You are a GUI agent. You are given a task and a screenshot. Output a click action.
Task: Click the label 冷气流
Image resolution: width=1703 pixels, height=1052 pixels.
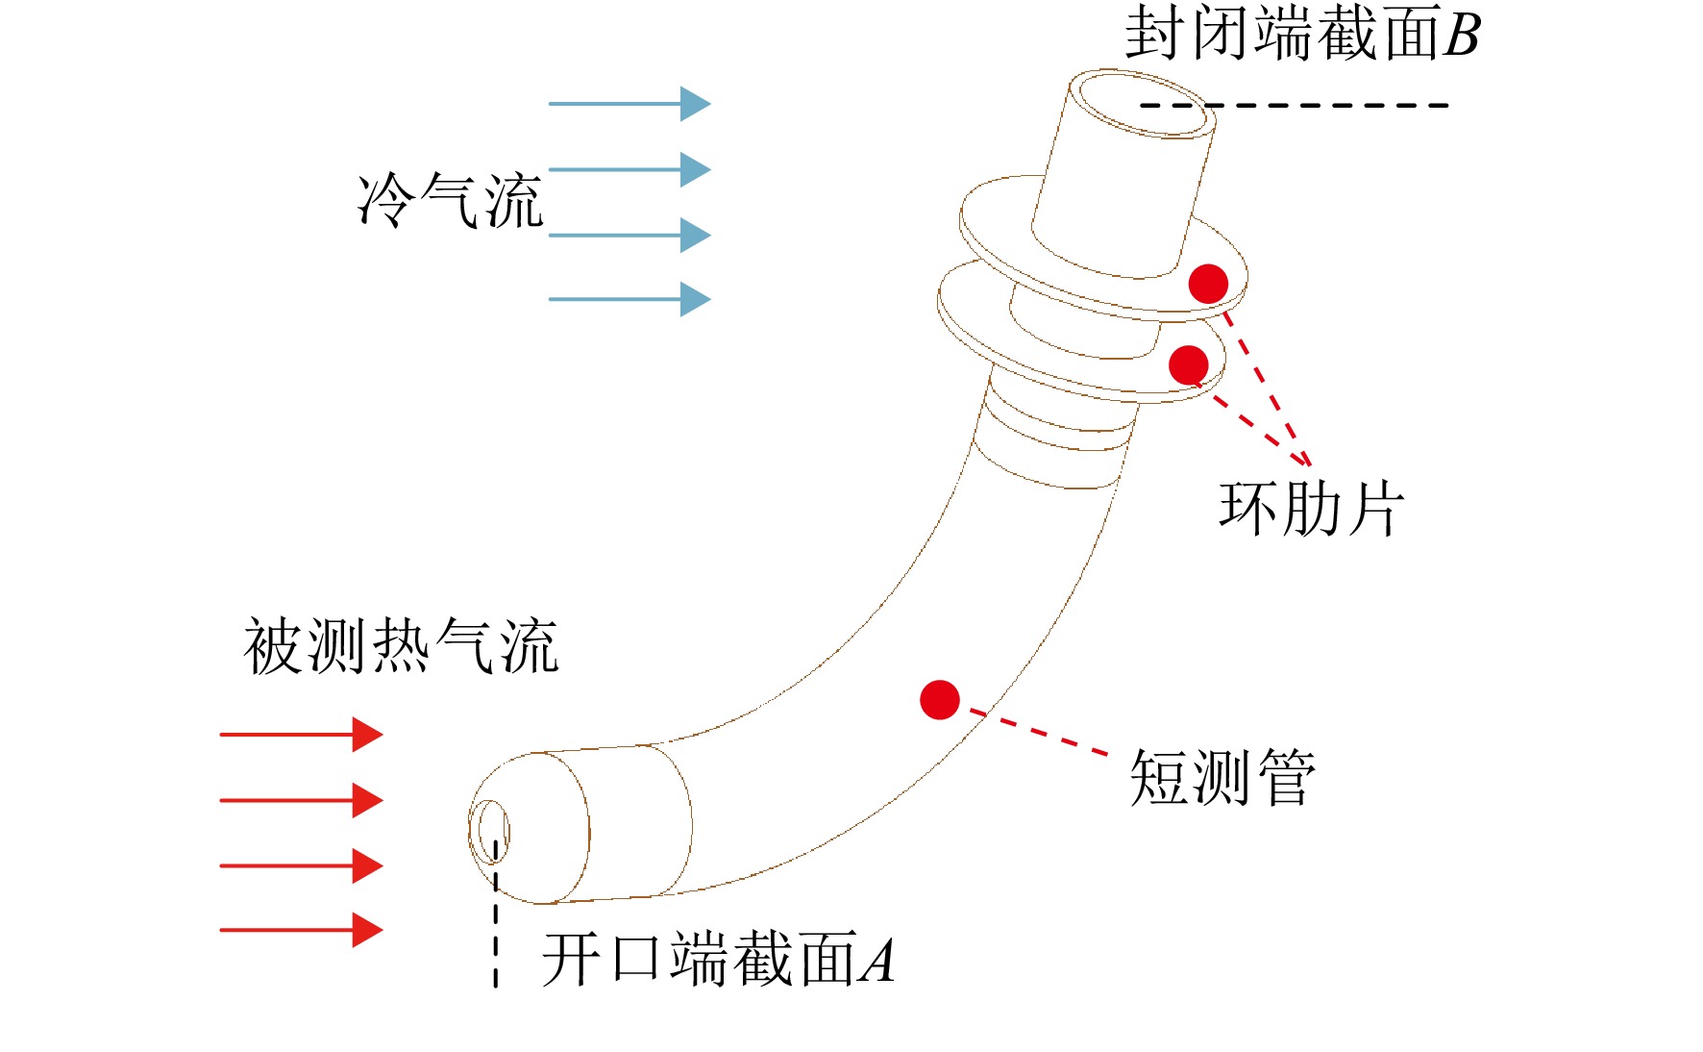(x=450, y=201)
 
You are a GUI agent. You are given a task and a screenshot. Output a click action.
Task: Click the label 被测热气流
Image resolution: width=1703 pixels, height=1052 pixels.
(x=402, y=645)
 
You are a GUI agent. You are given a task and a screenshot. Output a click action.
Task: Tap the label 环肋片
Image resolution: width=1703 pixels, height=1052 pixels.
(x=1312, y=508)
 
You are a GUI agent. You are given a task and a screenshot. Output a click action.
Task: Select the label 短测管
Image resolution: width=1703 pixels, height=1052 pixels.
(x=1222, y=776)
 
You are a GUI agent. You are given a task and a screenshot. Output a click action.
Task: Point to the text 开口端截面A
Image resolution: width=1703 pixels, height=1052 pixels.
(x=719, y=959)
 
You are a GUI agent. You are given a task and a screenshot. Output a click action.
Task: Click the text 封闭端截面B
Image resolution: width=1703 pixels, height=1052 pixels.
(x=1303, y=33)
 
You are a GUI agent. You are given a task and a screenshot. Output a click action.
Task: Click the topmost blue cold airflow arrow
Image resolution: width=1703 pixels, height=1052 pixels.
(x=629, y=103)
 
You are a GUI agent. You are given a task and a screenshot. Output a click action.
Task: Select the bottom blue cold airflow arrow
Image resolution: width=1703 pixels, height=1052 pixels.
(x=629, y=299)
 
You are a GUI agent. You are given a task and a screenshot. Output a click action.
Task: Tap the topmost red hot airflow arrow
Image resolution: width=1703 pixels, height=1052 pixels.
(x=302, y=735)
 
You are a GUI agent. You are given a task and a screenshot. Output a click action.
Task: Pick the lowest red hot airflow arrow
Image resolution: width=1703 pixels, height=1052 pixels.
(x=302, y=930)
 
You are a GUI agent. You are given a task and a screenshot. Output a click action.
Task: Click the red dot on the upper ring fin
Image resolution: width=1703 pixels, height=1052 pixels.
(x=1208, y=284)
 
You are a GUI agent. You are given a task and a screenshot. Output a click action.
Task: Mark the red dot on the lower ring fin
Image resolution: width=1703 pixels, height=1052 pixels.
(x=1189, y=365)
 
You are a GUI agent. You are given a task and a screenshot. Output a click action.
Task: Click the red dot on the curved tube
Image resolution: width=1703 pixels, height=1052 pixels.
(x=940, y=700)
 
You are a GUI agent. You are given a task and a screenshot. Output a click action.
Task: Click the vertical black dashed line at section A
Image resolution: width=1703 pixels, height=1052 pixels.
(x=496, y=914)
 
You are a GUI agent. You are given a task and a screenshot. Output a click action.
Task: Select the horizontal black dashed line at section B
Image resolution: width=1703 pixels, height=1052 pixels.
(x=1295, y=105)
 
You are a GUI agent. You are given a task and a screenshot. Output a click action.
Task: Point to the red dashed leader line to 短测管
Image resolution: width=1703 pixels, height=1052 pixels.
(x=1039, y=732)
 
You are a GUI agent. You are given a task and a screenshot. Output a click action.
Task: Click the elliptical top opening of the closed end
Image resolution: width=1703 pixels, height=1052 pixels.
(x=1143, y=103)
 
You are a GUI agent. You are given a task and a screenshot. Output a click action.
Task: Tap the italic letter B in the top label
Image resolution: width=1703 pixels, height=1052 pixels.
(x=1461, y=36)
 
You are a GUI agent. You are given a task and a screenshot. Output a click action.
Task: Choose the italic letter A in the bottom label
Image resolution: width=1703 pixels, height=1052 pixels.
(x=877, y=961)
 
